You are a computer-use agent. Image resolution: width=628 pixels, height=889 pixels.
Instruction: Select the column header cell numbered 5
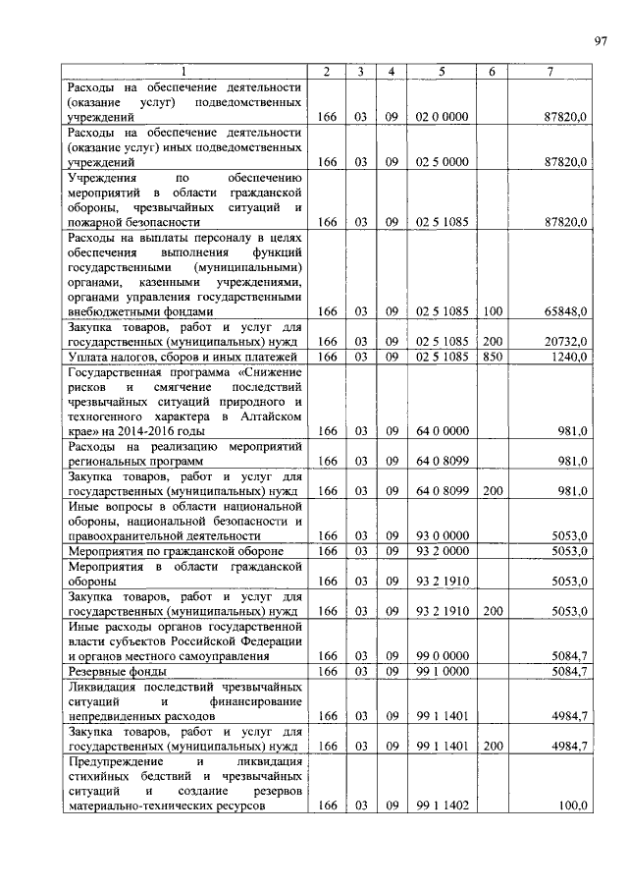pos(442,72)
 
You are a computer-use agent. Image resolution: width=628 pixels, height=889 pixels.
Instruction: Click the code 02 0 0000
pos(442,117)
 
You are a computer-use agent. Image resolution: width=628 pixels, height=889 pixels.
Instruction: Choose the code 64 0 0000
pos(442,431)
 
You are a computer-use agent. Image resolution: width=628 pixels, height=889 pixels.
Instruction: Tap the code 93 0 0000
pos(442,535)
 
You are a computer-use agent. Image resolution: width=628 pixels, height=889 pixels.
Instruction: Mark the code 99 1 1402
pos(442,806)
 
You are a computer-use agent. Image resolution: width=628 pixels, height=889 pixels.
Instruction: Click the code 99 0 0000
pos(442,655)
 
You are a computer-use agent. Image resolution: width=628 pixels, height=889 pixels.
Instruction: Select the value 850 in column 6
pos(492,356)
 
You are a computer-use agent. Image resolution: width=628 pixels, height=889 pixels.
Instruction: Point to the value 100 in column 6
pos(492,311)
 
